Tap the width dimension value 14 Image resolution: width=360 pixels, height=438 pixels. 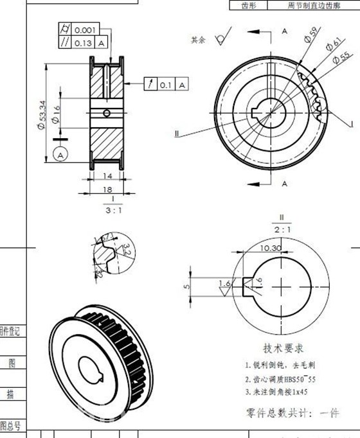(107, 175)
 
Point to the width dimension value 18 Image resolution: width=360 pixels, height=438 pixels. (108, 189)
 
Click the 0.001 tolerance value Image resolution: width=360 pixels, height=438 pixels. (85, 30)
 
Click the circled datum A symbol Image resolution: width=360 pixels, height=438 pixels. (61, 155)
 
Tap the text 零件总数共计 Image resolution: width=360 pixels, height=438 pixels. (273, 412)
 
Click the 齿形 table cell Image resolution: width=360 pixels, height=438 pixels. (249, 5)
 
